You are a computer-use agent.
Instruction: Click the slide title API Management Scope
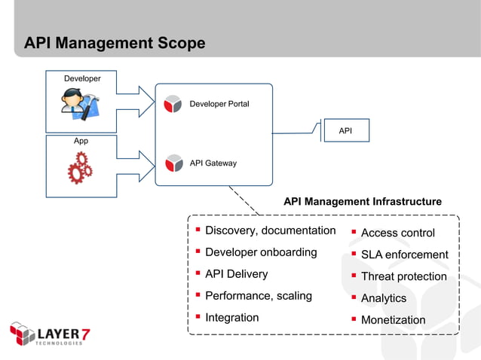[115, 44]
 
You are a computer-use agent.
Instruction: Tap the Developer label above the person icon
[82, 78]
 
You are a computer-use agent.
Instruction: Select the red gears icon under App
[80, 169]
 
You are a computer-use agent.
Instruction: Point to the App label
[81, 141]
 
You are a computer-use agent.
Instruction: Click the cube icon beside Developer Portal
[173, 104]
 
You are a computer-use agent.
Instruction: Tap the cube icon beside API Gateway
[173, 163]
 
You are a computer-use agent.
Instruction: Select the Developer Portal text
[219, 104]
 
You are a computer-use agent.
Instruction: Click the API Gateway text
[213, 163]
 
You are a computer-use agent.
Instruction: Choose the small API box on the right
[345, 131]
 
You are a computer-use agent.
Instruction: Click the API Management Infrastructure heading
[362, 202]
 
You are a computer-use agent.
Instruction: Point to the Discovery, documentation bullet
[270, 230]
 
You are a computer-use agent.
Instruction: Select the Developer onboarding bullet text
[261, 252]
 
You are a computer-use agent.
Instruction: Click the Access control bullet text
[397, 233]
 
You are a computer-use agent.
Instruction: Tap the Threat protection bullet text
[403, 276]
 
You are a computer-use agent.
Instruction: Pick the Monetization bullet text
[393, 320]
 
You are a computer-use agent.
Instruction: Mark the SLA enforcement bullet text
[404, 255]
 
